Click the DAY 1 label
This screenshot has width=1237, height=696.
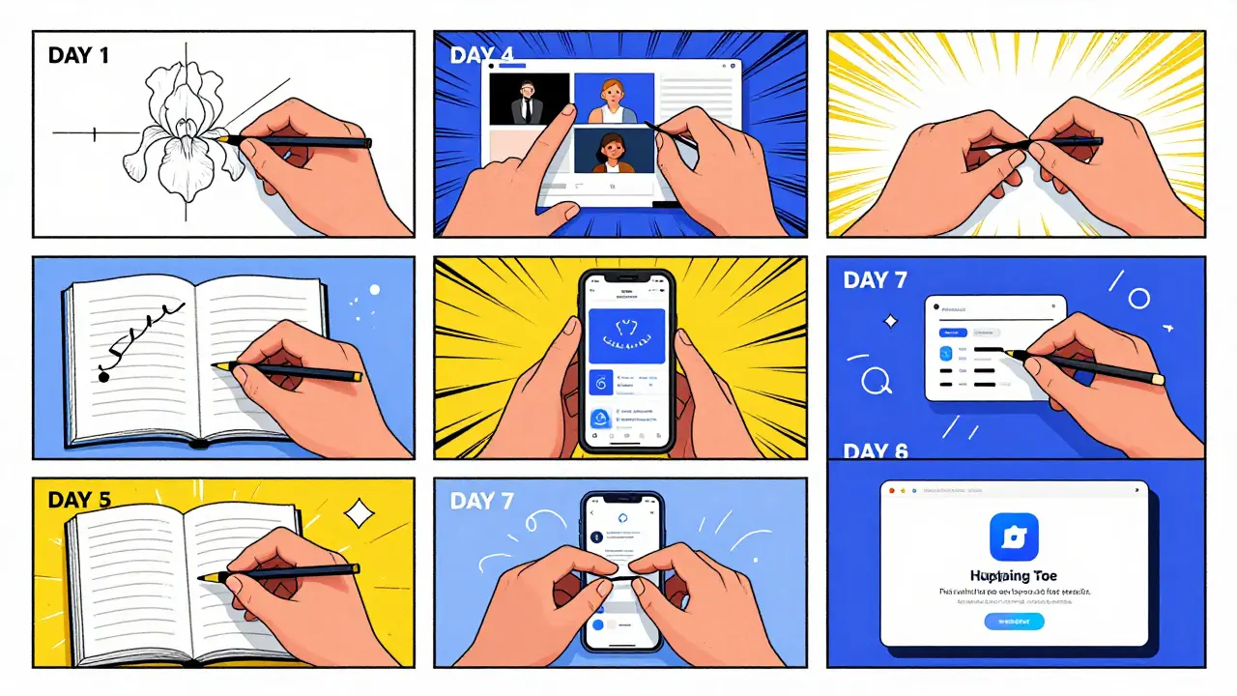[x=78, y=55]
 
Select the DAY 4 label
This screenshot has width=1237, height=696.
[x=480, y=55]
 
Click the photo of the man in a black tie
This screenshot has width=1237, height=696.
[x=529, y=100]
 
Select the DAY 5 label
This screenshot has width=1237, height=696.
[x=78, y=501]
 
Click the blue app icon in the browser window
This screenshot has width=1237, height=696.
[x=1014, y=537]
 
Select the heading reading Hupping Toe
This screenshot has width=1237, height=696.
[x=1014, y=575]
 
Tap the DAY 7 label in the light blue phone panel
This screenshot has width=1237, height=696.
[x=481, y=502]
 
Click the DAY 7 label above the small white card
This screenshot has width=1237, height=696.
[x=876, y=280]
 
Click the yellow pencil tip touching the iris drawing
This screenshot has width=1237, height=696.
[x=223, y=140]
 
